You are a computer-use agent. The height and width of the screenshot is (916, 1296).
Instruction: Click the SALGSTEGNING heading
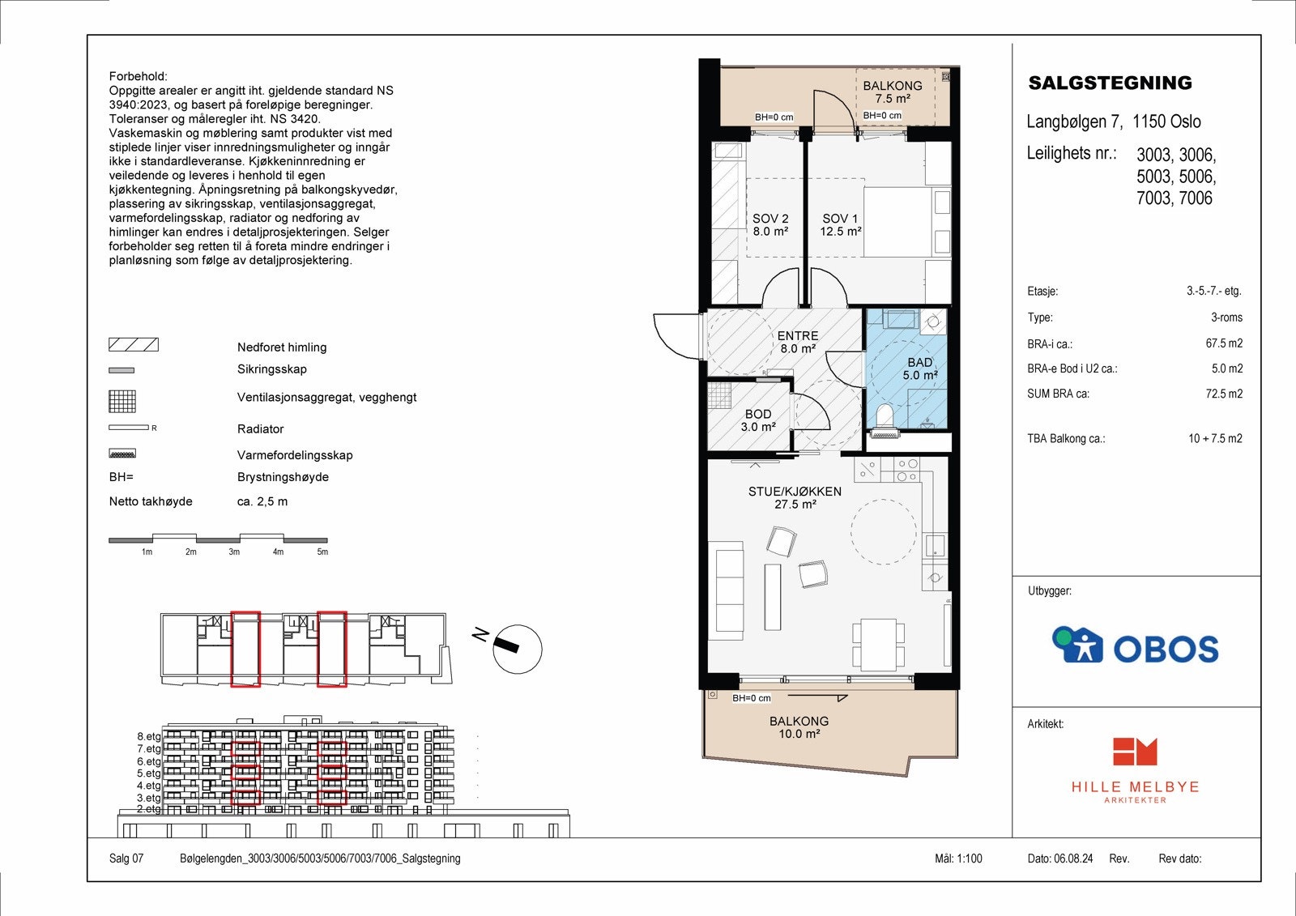pyautogui.click(x=1110, y=83)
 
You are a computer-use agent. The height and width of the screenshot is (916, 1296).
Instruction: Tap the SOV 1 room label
pyautogui.click(x=840, y=224)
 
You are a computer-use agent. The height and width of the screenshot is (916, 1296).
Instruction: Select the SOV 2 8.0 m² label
pyautogui.click(x=769, y=224)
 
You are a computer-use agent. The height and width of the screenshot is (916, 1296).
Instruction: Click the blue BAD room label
pyautogui.click(x=919, y=369)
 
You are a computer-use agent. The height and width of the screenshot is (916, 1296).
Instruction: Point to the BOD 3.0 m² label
pyautogui.click(x=758, y=420)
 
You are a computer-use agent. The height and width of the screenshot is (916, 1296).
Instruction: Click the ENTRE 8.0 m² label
pyautogui.click(x=798, y=342)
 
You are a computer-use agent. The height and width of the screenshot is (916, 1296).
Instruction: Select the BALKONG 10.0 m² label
pyautogui.click(x=799, y=727)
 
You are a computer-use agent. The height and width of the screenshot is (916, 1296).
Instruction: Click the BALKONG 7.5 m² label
pyautogui.click(x=892, y=92)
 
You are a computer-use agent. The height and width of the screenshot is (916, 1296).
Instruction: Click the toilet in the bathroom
pyautogui.click(x=885, y=416)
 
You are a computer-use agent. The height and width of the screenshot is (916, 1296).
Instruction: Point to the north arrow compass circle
pyautogui.click(x=517, y=650)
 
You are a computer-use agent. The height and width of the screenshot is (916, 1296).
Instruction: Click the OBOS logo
pyautogui.click(x=1135, y=646)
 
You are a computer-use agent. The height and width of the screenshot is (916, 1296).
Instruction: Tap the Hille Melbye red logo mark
pyautogui.click(x=1134, y=752)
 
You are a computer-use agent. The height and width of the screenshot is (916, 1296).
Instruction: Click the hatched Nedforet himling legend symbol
pyautogui.click(x=134, y=345)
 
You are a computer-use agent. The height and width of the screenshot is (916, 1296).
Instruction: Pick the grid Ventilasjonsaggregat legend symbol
pyautogui.click(x=122, y=401)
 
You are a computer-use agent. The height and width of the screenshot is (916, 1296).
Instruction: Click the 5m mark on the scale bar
pyautogui.click(x=322, y=552)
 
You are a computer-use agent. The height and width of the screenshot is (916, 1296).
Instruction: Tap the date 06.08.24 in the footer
pyautogui.click(x=1073, y=858)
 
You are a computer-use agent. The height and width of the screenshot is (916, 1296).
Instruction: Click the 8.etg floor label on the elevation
pyautogui.click(x=149, y=737)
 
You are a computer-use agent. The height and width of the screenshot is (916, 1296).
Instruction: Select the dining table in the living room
pyautogui.click(x=878, y=644)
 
